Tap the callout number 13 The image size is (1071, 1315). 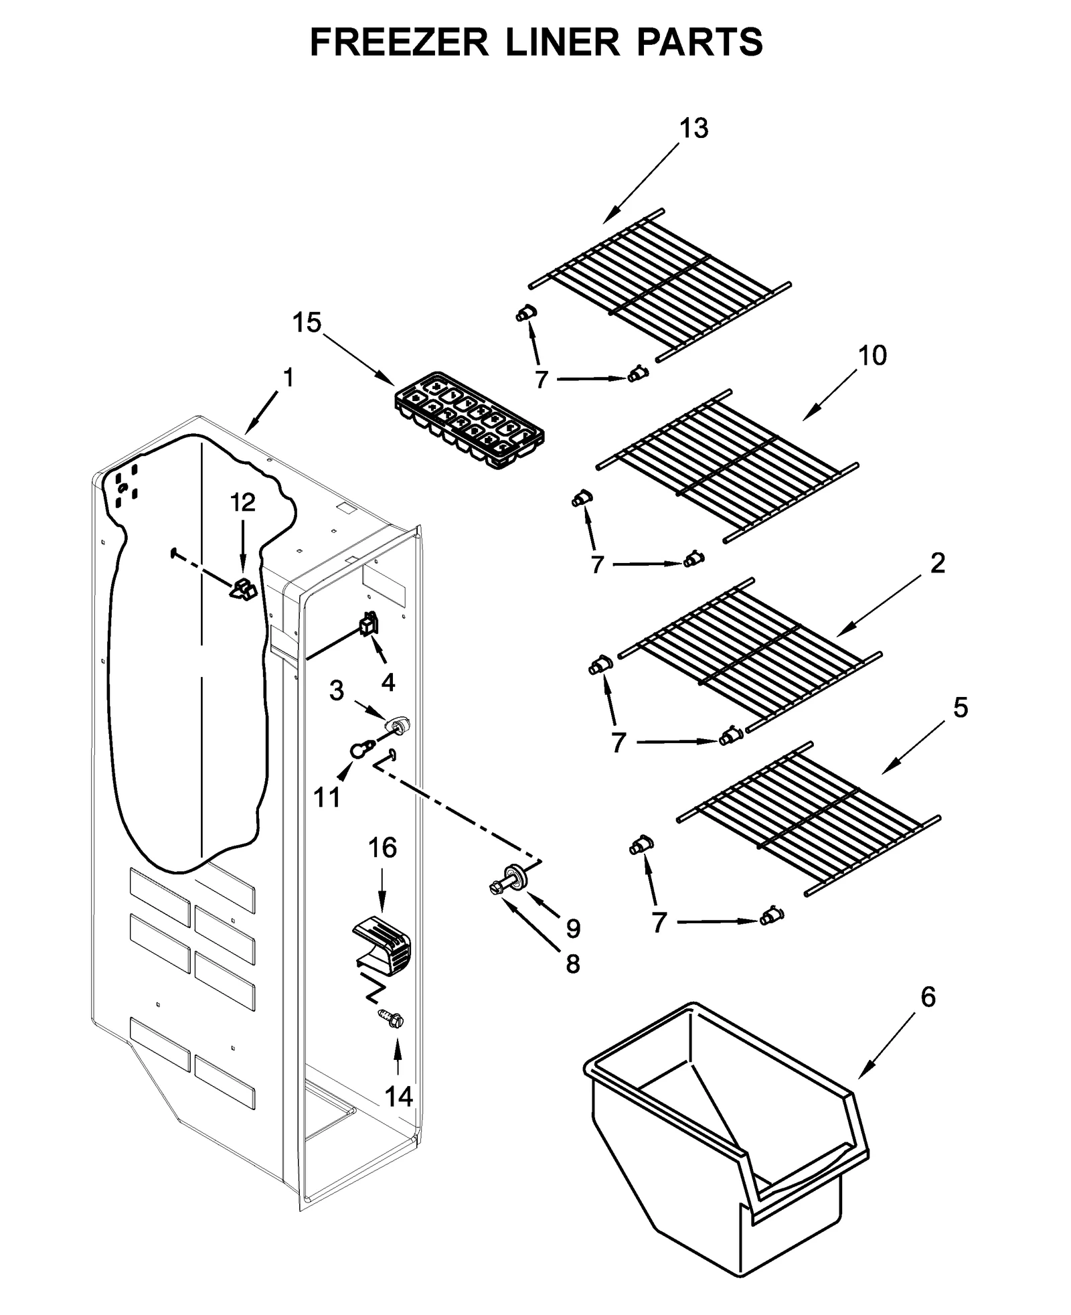click(x=693, y=128)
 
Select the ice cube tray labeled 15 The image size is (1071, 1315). click(x=469, y=420)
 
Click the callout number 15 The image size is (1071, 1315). click(x=307, y=323)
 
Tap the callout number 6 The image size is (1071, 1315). click(x=928, y=997)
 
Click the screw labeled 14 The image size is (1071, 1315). click(x=392, y=1019)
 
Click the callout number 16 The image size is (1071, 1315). click(x=382, y=848)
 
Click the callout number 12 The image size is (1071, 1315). click(x=243, y=502)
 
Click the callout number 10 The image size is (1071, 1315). click(x=872, y=356)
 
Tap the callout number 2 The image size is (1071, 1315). click(x=937, y=563)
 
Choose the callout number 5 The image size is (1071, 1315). click(x=960, y=708)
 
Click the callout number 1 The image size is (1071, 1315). click(x=288, y=378)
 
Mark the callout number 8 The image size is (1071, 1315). click(x=572, y=963)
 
